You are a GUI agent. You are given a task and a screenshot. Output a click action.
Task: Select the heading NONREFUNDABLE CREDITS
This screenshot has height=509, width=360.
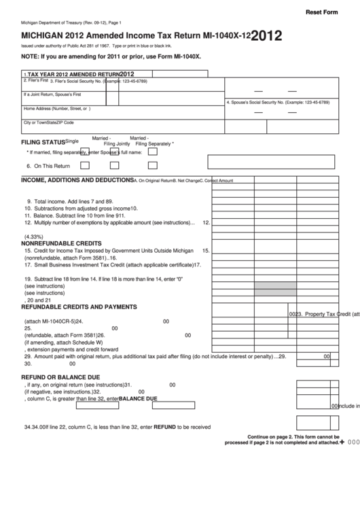click(x=61, y=243)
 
